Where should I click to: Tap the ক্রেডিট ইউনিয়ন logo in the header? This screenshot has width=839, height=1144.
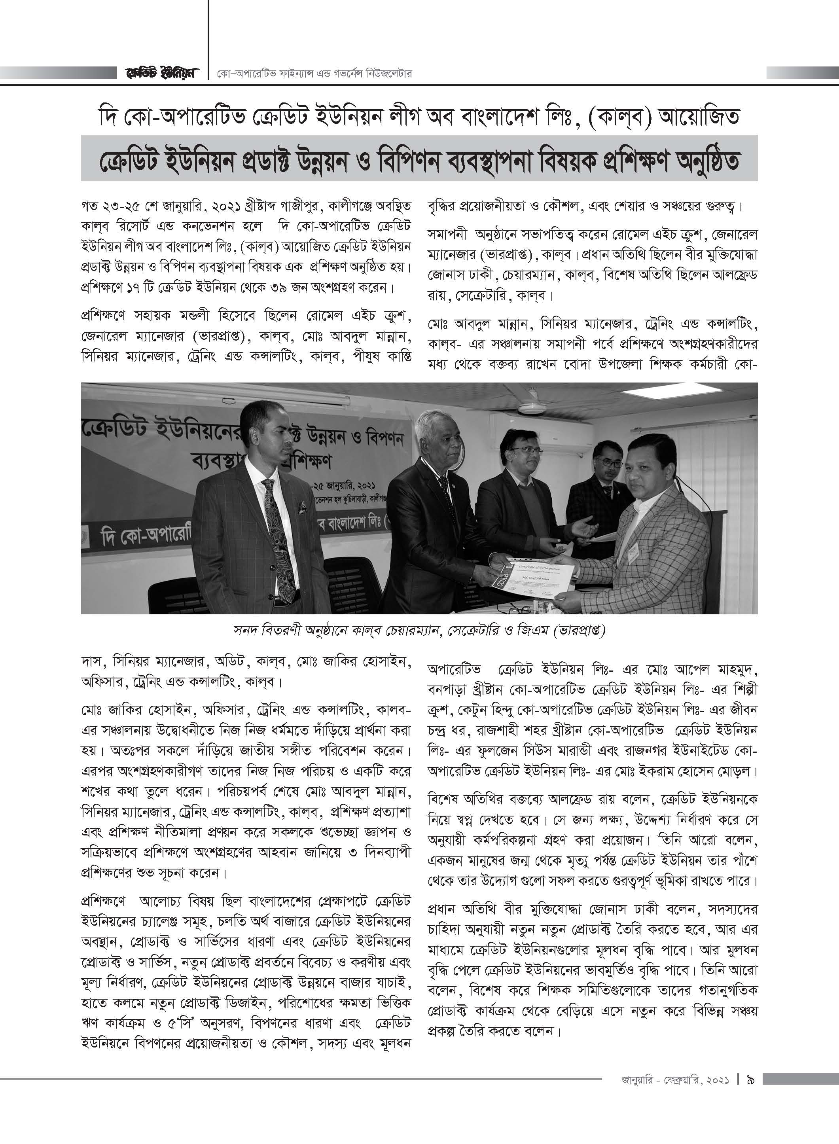pyautogui.click(x=161, y=73)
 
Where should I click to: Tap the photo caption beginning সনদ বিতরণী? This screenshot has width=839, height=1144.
pyautogui.click(x=419, y=631)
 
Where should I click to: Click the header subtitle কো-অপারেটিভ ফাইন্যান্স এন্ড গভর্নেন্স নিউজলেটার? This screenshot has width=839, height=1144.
pyautogui.click(x=313, y=74)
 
